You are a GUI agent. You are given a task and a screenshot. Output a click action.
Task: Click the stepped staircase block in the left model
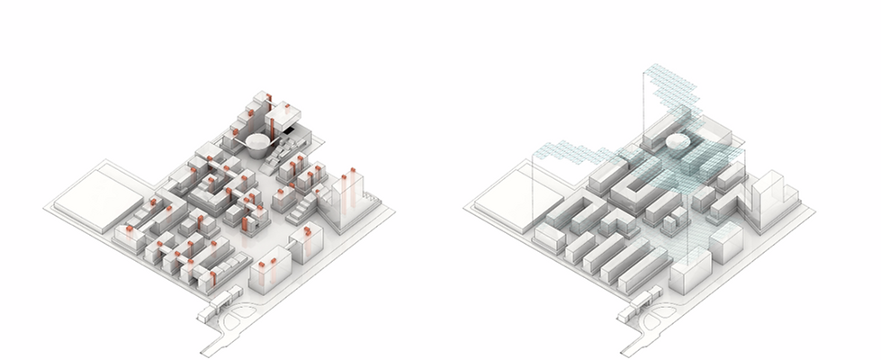click(301, 211)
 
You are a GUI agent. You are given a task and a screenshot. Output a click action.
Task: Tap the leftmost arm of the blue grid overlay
click(544, 149)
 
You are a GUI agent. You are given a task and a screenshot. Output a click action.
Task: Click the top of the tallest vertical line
click(643, 68)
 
